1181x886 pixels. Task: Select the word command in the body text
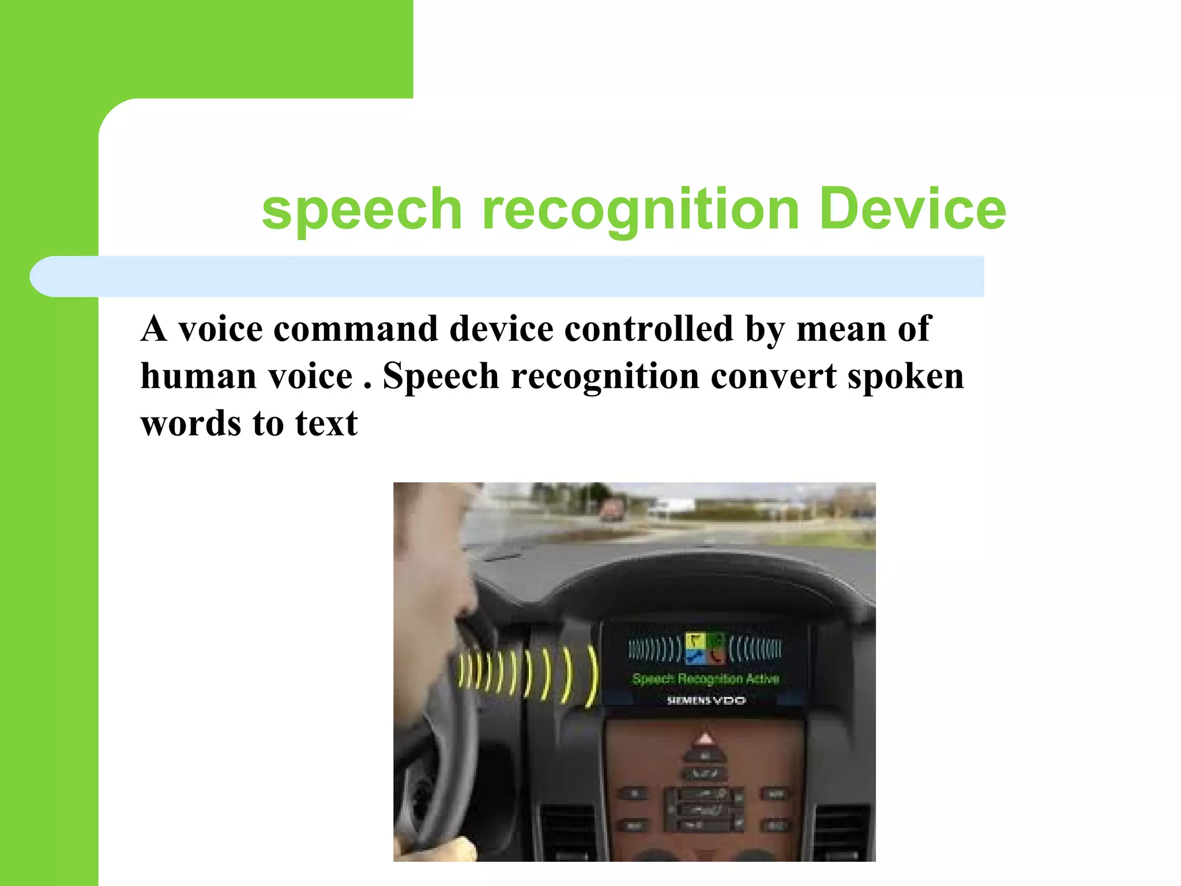pos(355,329)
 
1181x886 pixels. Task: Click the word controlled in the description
pos(649,329)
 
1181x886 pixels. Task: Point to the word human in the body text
pos(198,376)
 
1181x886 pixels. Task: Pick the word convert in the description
pos(773,376)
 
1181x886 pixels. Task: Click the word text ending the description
pos(326,423)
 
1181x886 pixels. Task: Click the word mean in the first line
pos(841,329)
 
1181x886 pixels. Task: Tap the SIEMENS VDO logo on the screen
pos(706,700)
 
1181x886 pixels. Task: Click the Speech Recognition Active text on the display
pos(705,679)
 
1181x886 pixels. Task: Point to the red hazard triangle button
pos(705,739)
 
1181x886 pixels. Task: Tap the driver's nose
pos(469,597)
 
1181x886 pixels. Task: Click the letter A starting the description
pos(154,329)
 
